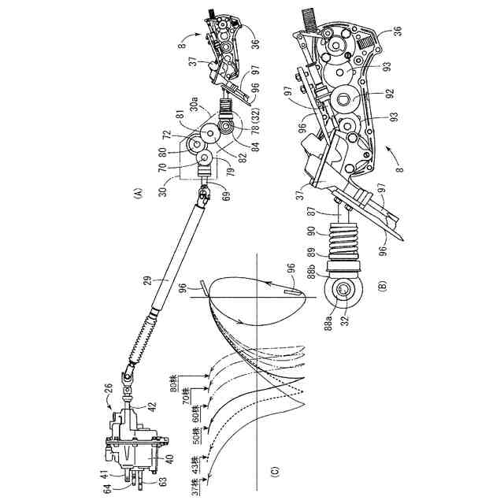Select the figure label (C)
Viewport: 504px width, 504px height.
(x=275, y=469)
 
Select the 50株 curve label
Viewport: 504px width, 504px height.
(x=196, y=438)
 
